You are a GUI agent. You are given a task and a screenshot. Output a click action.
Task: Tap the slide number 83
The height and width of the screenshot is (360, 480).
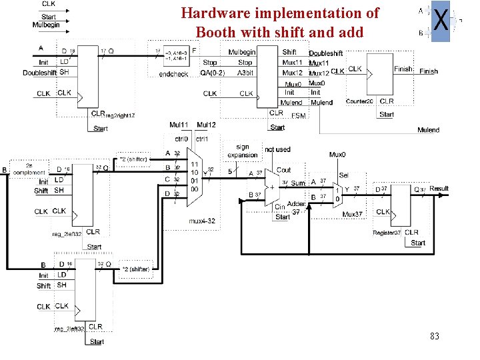[435, 336]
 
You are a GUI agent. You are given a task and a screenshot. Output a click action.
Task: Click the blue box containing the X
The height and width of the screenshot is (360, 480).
[440, 21]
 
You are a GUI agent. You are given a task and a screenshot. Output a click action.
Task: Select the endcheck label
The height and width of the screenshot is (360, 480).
[173, 74]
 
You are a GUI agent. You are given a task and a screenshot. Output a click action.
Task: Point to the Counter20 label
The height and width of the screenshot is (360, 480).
[359, 101]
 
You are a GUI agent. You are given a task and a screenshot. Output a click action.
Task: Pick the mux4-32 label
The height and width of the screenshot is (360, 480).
[202, 221]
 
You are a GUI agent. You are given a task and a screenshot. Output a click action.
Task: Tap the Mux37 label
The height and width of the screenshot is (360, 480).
[353, 215]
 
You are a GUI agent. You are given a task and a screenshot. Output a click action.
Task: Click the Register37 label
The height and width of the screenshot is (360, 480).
[387, 233]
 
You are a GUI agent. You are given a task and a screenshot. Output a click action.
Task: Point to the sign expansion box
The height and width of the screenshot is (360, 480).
[243, 151]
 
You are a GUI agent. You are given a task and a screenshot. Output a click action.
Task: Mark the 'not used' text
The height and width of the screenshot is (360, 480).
[277, 149]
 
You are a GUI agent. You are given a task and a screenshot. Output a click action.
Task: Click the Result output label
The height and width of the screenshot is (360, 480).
[439, 189]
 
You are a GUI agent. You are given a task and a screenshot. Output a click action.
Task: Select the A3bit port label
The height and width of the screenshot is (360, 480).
[245, 73]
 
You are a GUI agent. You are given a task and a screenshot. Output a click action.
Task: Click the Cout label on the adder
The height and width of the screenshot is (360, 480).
[283, 170]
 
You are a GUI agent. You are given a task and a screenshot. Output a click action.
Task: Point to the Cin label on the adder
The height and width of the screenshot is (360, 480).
[280, 207]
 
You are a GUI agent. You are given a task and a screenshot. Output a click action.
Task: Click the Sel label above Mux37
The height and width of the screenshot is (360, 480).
[343, 175]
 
